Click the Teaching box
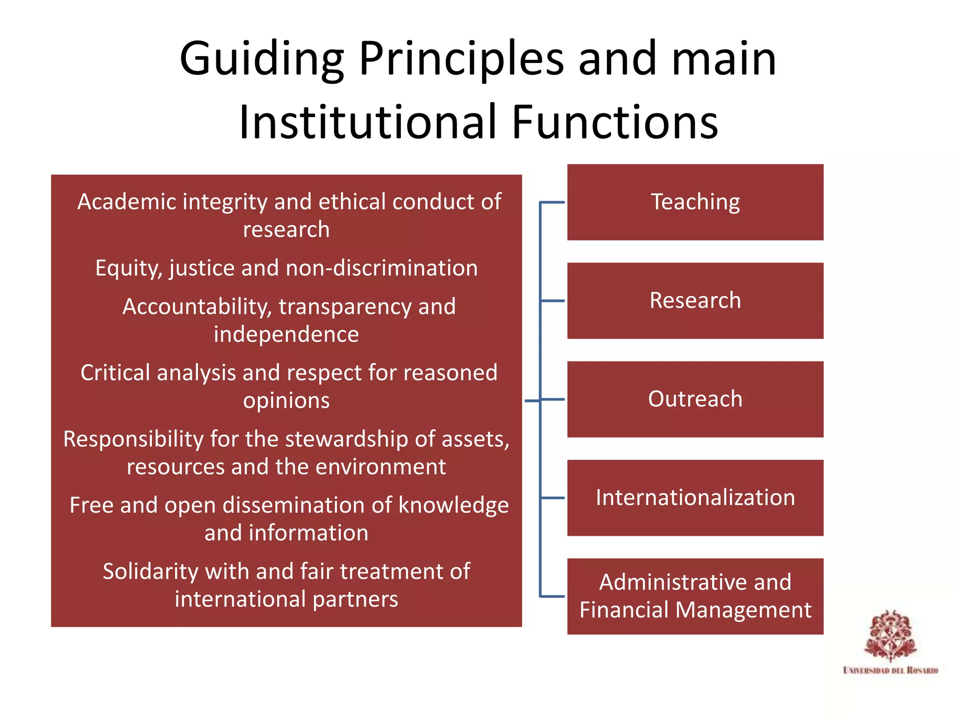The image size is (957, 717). click(x=695, y=202)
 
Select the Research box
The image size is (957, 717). click(x=695, y=301)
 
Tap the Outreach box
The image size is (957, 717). click(x=695, y=399)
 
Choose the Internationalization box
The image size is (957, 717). click(x=695, y=498)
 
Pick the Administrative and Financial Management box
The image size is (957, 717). click(x=695, y=596)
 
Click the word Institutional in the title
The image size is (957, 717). click(x=367, y=122)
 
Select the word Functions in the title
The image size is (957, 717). click(x=615, y=122)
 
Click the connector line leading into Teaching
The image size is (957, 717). click(x=552, y=202)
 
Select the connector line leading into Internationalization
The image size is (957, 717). click(x=552, y=498)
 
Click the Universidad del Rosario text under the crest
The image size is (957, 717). click(x=890, y=670)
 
